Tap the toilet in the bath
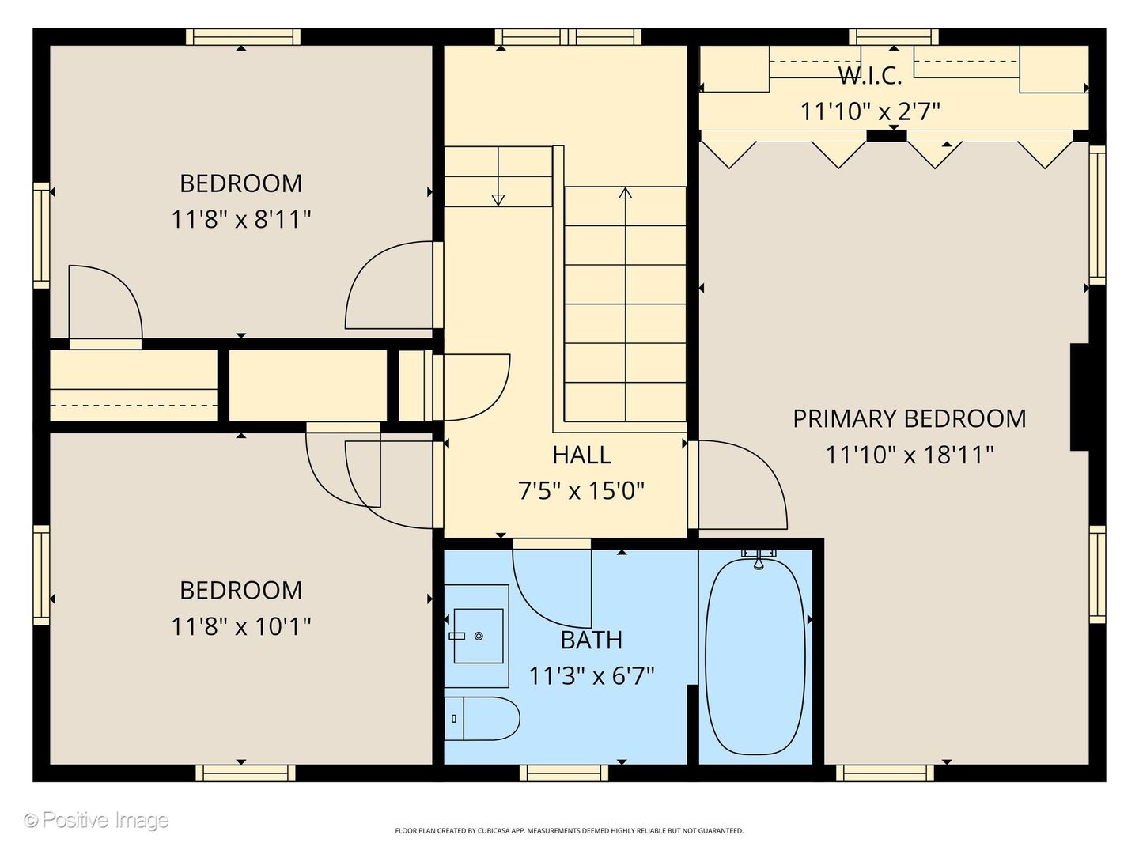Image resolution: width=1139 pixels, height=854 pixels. point(482,719)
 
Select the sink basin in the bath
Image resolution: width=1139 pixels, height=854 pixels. point(478,636)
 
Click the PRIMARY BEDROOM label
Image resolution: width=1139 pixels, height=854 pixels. point(909,419)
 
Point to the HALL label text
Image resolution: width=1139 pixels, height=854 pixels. point(581,455)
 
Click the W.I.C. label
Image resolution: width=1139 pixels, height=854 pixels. point(870,76)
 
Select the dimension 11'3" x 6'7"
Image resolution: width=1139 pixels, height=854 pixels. point(591,675)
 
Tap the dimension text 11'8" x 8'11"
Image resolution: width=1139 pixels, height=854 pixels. point(240,219)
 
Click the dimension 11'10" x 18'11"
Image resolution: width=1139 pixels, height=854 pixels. point(909,455)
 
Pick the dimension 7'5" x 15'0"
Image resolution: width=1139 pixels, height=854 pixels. point(581,490)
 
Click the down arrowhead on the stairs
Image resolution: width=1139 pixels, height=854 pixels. point(498,200)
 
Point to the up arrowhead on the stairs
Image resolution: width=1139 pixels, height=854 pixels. point(626,193)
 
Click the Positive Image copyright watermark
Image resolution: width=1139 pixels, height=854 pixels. point(96,820)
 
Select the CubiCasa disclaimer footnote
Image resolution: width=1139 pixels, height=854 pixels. point(569,830)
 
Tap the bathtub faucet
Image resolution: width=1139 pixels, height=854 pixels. point(758,559)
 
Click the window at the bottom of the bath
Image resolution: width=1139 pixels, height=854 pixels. point(563,773)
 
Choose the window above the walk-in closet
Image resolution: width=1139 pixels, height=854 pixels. point(894,37)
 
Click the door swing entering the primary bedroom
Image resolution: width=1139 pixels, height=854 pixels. point(743,485)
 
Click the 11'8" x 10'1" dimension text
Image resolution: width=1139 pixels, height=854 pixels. point(240,626)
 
